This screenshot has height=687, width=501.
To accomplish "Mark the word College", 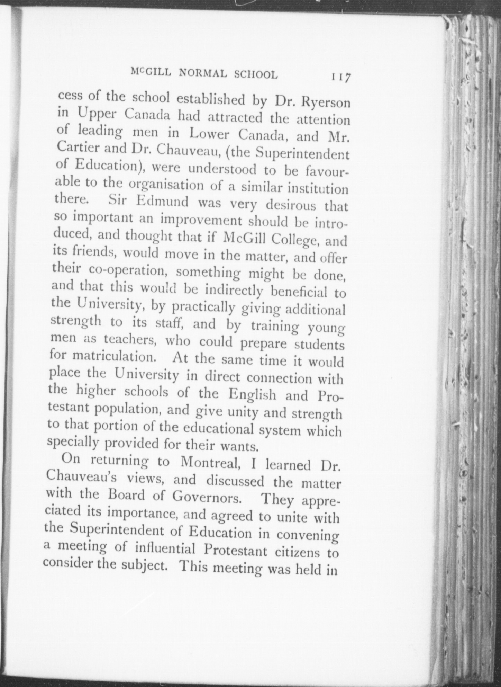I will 294,239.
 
